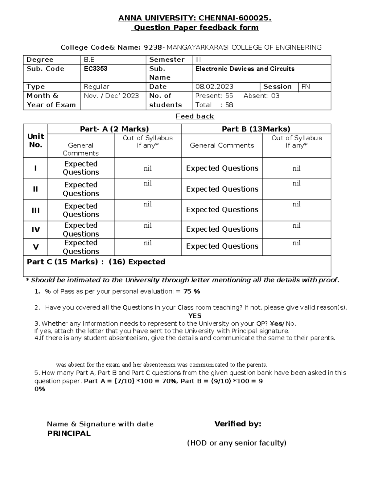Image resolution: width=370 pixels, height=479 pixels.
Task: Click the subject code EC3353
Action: coord(96,69)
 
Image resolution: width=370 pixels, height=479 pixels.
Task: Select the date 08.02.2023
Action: coord(214,87)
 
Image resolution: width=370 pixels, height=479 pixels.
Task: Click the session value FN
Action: coord(306,87)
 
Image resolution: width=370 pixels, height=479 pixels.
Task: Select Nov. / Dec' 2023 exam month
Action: coord(111,96)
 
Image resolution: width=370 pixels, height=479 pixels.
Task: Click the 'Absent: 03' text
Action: coord(261,96)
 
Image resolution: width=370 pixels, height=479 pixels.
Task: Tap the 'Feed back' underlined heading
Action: coord(195,116)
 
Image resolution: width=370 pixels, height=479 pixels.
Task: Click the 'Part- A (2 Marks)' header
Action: coord(114,129)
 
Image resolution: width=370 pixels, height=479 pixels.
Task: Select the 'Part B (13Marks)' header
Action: coord(256,129)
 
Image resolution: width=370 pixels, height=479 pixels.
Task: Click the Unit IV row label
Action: coord(36,229)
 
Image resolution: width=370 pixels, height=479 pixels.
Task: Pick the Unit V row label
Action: coord(36,247)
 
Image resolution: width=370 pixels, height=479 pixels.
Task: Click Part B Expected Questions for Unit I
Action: coord(222,168)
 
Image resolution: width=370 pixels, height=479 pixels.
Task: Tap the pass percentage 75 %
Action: coord(191,291)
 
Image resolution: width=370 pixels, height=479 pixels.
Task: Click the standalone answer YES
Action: coord(195,316)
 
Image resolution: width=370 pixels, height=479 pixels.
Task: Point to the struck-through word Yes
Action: coord(276,324)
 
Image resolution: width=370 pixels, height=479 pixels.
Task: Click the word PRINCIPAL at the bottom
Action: coord(69,433)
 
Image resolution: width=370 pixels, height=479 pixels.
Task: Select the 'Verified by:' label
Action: coord(238,424)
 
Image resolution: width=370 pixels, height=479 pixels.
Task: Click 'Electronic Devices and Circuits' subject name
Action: coord(245,69)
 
